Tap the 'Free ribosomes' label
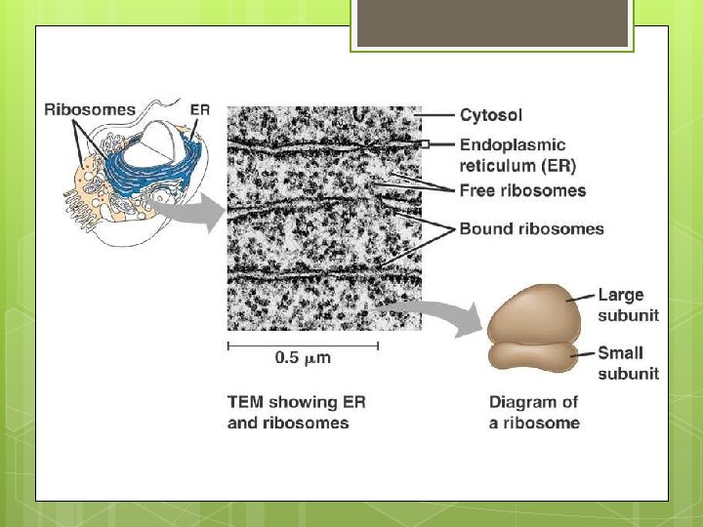coord(522,190)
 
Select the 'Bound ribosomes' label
coord(531,229)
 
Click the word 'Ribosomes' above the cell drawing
coord(90,110)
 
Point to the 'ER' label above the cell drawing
coord(199,110)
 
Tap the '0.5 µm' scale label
coord(303,358)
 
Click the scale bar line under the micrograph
coord(303,345)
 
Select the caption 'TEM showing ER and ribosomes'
coord(296,413)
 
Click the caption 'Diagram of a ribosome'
coord(534,413)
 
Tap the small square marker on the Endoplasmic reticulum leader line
coord(426,144)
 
